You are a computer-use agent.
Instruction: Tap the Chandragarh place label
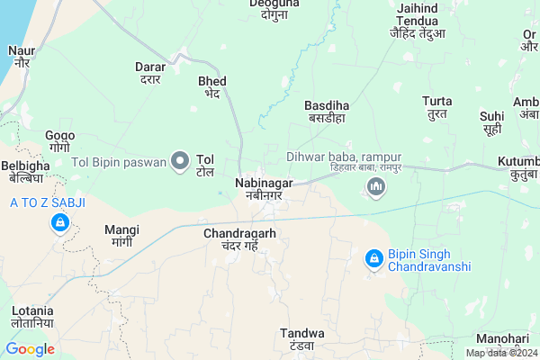[239, 238]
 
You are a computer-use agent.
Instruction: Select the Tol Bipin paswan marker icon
[180, 161]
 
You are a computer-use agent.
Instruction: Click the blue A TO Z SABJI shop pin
[59, 221]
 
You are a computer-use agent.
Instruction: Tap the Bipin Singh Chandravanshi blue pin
[373, 259]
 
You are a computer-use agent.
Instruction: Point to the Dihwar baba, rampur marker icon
[375, 187]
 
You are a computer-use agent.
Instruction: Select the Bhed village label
[212, 86]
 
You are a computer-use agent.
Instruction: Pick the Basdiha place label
[326, 111]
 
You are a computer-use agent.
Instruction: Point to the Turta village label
[437, 107]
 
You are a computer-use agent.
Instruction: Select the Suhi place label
[491, 123]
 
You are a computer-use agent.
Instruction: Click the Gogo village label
[59, 140]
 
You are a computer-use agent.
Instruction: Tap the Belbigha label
[25, 172]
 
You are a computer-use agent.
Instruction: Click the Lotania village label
[32, 315]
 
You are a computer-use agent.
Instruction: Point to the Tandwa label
[296, 339]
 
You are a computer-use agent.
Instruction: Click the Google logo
[31, 349]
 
